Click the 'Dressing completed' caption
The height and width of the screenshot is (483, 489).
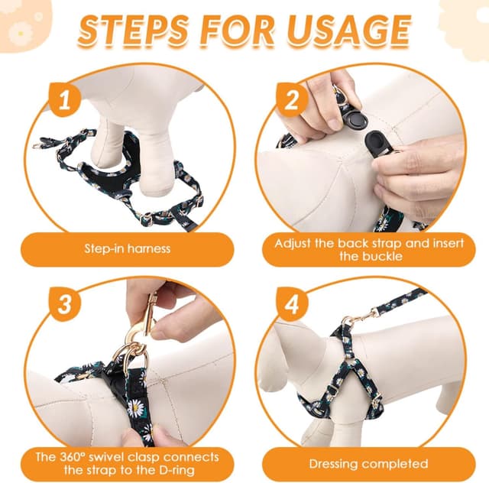click(x=368, y=463)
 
